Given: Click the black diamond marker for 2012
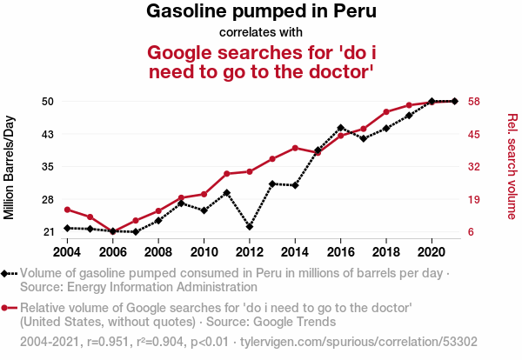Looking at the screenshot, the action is [250, 227].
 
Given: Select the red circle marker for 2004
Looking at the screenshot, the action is [67, 210].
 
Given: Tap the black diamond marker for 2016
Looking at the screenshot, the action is [340, 128].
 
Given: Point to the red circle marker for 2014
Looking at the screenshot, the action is [295, 148].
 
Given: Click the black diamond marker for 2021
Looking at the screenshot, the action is [455, 101].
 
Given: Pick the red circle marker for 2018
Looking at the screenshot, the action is [386, 112].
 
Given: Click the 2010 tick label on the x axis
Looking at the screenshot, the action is [204, 252].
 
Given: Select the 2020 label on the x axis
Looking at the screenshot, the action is [432, 252].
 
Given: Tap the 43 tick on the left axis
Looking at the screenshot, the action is [48, 135].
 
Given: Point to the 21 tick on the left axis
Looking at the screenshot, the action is [48, 232].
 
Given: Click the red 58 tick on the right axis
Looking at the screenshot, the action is [474, 101].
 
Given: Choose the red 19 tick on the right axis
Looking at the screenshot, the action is [474, 200].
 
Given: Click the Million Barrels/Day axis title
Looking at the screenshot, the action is [9, 167].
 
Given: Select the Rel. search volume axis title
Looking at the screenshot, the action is [512, 166].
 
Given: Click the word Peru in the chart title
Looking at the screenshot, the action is [355, 11].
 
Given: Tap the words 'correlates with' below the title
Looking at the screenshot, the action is [261, 32].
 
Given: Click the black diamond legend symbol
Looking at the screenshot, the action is [4, 274].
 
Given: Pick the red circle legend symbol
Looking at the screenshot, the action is [4, 308].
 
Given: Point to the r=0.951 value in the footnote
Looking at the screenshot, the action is [108, 342].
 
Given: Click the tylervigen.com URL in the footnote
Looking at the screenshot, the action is [358, 342].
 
